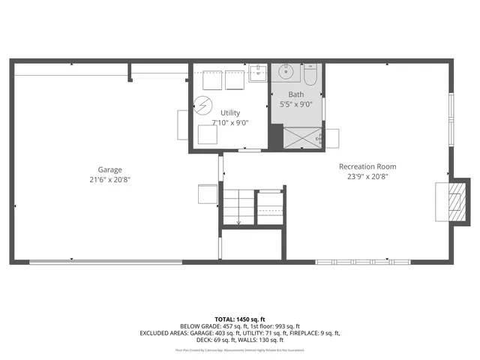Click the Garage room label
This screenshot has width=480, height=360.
(109, 169)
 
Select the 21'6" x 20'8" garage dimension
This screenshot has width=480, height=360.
(109, 180)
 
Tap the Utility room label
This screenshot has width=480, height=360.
(230, 112)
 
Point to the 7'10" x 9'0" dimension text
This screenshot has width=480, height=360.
(230, 122)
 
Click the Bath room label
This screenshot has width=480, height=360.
(297, 94)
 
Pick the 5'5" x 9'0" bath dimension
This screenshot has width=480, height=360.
(297, 104)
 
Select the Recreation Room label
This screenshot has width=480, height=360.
(367, 166)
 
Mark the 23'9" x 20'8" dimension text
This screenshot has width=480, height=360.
(367, 177)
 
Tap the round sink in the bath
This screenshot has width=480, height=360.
(286, 73)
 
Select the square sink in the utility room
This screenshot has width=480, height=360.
(257, 73)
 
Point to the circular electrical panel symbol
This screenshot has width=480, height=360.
(202, 104)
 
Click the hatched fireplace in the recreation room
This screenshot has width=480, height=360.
(452, 201)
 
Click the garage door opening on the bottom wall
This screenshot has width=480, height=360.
(105, 262)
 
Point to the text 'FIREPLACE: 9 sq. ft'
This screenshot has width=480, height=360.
(310, 333)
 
